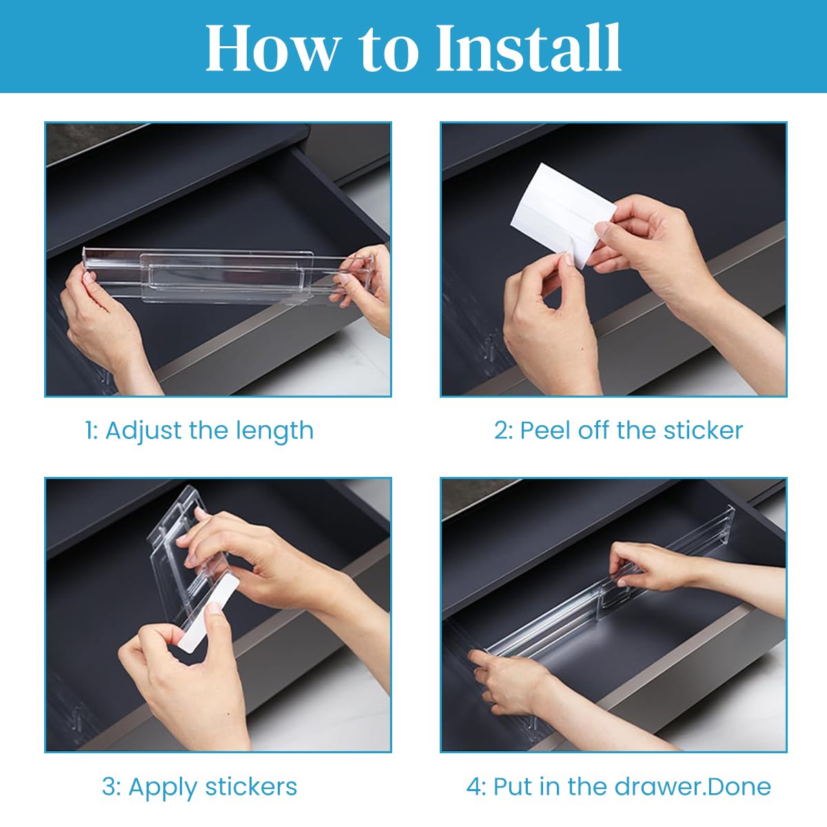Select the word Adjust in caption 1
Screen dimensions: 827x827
[144, 431]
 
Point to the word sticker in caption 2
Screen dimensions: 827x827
[703, 431]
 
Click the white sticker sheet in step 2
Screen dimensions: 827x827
[562, 214]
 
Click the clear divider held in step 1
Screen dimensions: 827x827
[227, 276]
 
